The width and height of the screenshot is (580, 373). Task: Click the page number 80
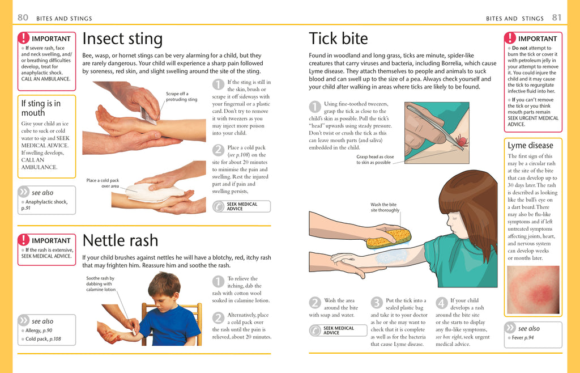click(x=23, y=18)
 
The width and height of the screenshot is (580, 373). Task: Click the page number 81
click(x=557, y=18)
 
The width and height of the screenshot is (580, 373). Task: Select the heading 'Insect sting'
click(x=122, y=39)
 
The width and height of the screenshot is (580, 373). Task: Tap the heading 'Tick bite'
click(x=338, y=39)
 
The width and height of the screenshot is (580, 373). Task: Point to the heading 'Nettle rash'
click(x=120, y=240)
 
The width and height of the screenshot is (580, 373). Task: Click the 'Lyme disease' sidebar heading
click(x=530, y=145)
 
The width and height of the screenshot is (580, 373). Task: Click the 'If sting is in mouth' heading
click(x=41, y=108)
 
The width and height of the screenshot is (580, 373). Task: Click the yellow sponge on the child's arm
click(x=389, y=238)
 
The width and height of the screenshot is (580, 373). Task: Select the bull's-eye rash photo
click(x=533, y=290)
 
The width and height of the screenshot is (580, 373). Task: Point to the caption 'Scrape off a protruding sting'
click(x=181, y=96)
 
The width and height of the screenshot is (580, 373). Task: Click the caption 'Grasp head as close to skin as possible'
click(x=375, y=159)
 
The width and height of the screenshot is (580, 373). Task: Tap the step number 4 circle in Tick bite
click(x=442, y=303)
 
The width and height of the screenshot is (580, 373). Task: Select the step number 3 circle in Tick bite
click(x=377, y=303)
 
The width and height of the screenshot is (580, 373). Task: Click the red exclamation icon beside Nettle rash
click(x=23, y=240)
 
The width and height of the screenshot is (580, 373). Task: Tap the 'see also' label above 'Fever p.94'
click(x=528, y=328)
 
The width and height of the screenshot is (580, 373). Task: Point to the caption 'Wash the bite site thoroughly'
click(x=385, y=207)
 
